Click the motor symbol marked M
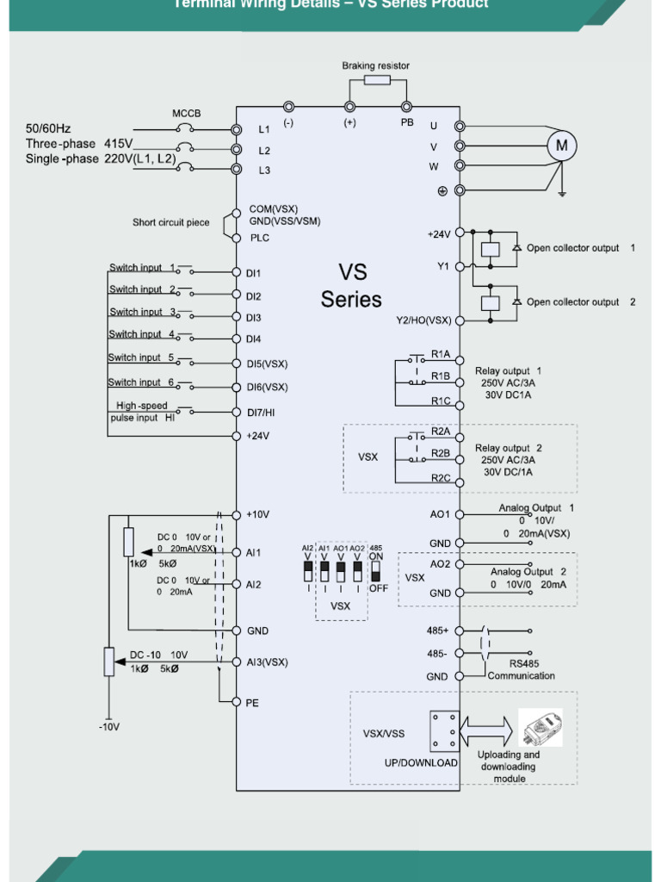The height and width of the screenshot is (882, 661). [x=561, y=146]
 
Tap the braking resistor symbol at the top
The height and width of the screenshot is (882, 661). [x=377, y=80]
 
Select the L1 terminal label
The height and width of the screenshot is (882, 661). [x=264, y=130]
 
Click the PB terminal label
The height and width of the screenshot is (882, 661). [x=407, y=123]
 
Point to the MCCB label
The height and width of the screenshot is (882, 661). [x=187, y=113]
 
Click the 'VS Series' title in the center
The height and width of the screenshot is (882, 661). [x=351, y=286]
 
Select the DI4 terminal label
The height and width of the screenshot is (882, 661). [x=254, y=339]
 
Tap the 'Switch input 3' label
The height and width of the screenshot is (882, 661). [x=142, y=312]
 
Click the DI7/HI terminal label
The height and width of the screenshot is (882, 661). [x=261, y=413]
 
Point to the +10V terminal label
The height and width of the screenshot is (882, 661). [x=258, y=514]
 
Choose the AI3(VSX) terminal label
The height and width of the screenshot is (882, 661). [x=267, y=662]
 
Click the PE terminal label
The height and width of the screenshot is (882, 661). [x=252, y=703]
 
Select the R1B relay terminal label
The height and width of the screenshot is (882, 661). [x=441, y=376]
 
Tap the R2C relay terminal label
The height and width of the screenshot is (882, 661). [x=441, y=478]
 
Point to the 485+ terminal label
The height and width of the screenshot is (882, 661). [x=438, y=630]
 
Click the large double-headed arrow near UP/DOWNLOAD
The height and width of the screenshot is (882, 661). [x=487, y=730]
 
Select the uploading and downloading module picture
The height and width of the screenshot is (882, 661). [x=541, y=729]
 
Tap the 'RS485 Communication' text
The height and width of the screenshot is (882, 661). [x=522, y=670]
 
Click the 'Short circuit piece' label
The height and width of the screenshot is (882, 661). [x=170, y=223]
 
